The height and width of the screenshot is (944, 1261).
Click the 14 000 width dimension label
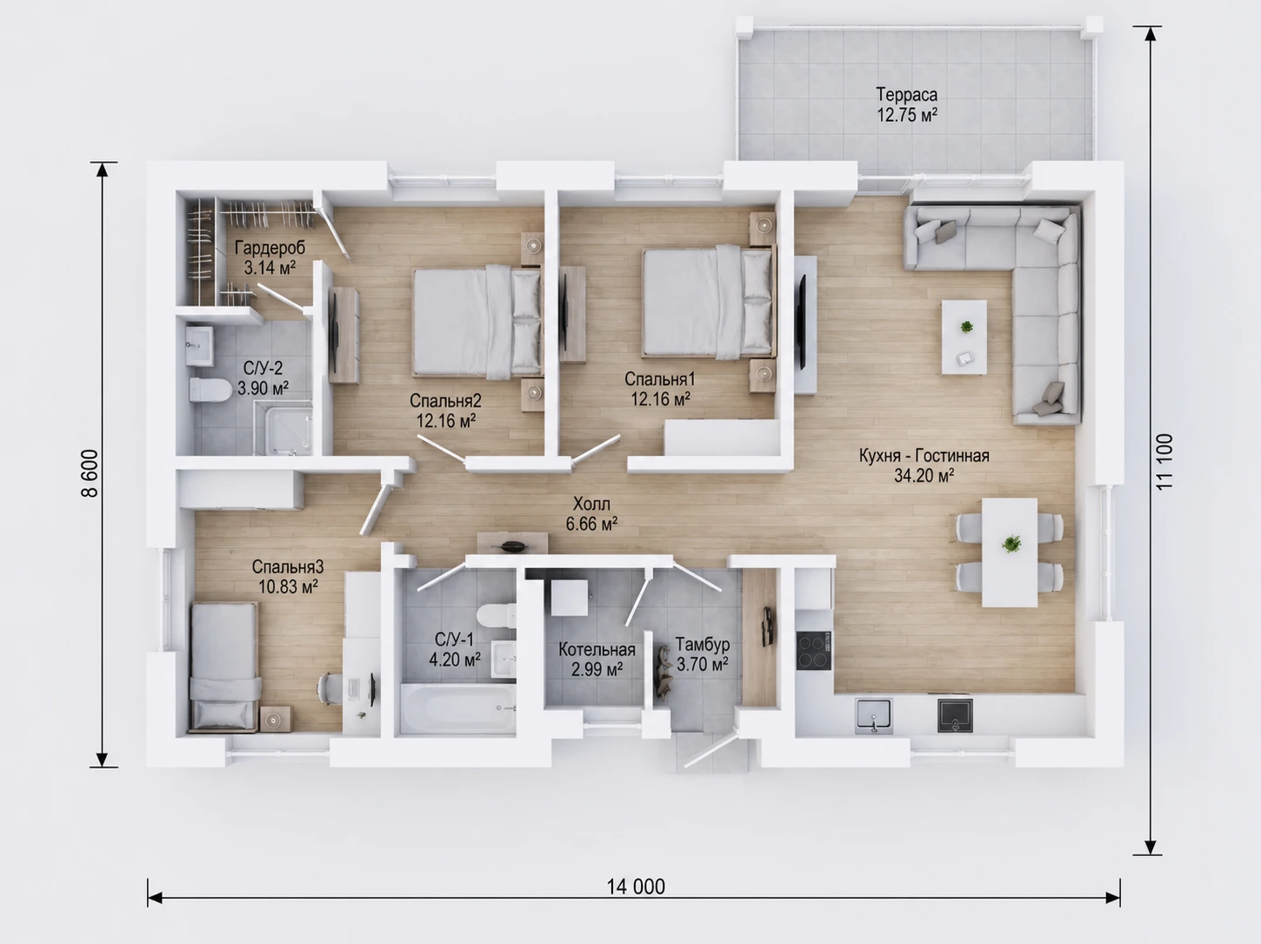[636, 887]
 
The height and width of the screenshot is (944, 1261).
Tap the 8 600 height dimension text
[90, 472]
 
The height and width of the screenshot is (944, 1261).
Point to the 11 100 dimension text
[1164, 462]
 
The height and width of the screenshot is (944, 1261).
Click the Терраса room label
[906, 94]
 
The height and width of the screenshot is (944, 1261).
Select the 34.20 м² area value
[924, 475]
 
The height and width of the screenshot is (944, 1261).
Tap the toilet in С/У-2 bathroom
[210, 389]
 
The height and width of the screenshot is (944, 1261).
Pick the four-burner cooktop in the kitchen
[813, 651]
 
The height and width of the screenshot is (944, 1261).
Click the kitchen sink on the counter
[874, 715]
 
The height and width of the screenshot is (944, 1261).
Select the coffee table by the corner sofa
[964, 338]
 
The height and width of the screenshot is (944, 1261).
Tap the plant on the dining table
[1011, 543]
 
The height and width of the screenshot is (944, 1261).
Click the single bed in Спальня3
[224, 667]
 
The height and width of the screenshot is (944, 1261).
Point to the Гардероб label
[270, 248]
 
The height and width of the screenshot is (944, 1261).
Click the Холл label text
[591, 504]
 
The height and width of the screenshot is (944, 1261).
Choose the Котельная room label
[597, 650]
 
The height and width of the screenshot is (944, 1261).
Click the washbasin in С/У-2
[199, 346]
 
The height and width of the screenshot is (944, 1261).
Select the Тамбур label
[703, 644]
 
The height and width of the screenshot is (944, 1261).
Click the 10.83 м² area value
[288, 586]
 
